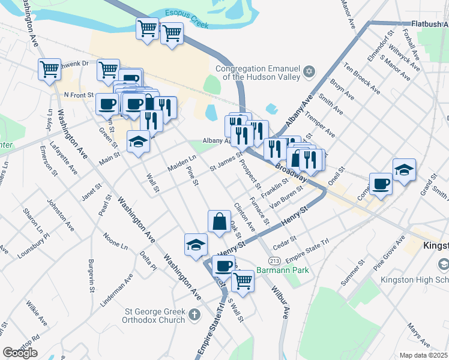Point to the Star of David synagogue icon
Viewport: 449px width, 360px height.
click(x=310, y=72)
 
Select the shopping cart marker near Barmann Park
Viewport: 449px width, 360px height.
click(x=243, y=280)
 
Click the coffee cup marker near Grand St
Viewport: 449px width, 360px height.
click(x=381, y=184)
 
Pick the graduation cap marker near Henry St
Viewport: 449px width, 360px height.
click(x=196, y=244)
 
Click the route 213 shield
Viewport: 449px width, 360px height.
click(x=275, y=260)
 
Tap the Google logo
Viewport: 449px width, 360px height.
click(x=20, y=352)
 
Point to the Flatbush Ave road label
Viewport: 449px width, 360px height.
click(x=430, y=24)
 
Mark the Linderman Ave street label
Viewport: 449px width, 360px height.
click(x=117, y=290)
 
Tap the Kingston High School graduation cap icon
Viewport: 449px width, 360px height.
click(x=443, y=264)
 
